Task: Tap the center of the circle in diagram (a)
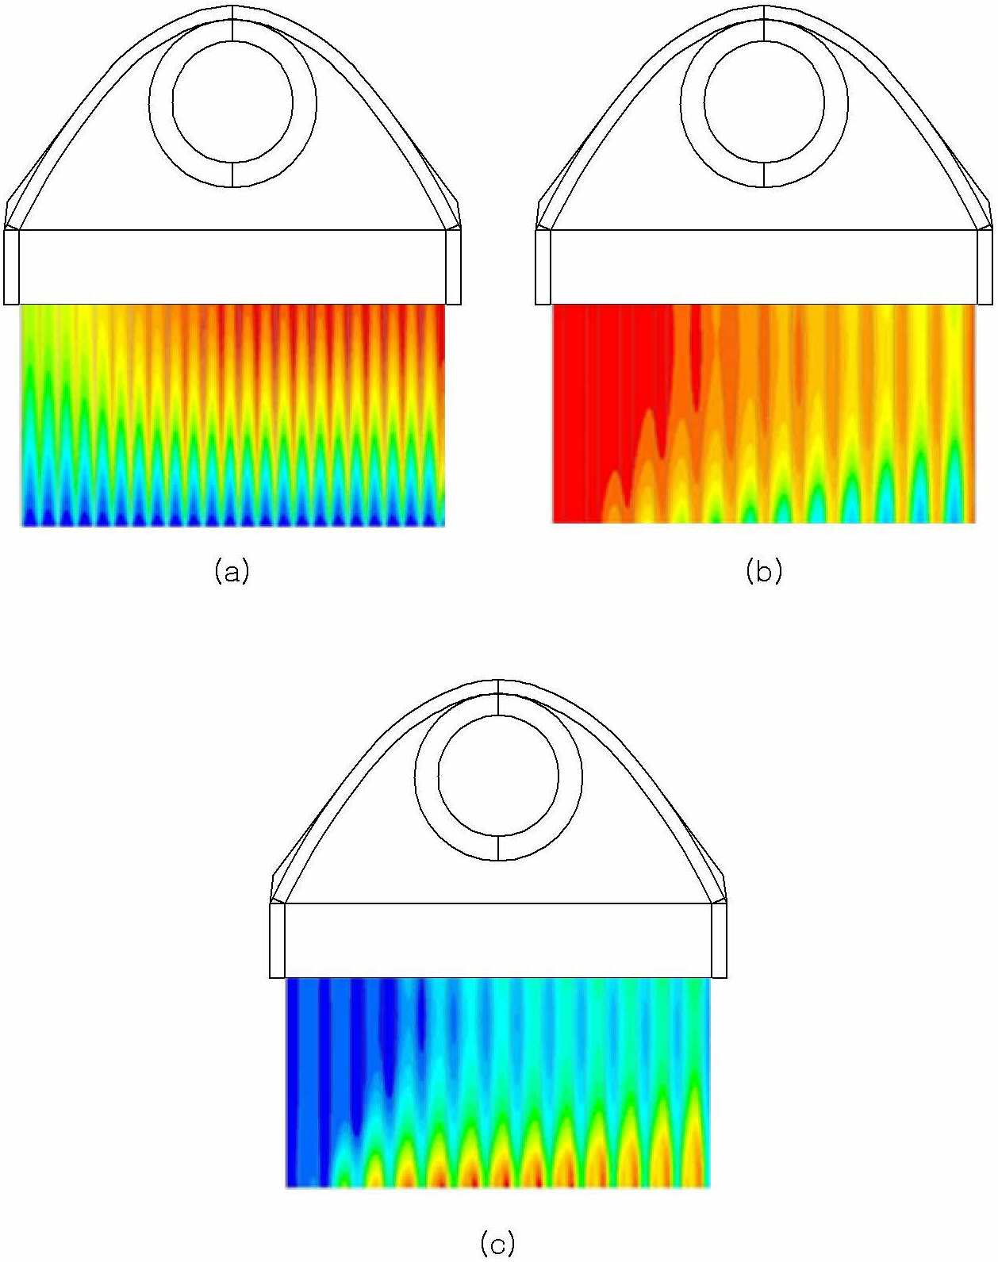[x=233, y=102]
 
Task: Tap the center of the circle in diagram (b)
[x=764, y=102]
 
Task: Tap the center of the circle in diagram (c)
[x=498, y=777]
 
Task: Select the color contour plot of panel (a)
[x=233, y=415]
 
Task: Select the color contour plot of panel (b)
[x=764, y=413]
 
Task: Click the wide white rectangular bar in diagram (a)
[x=233, y=267]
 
